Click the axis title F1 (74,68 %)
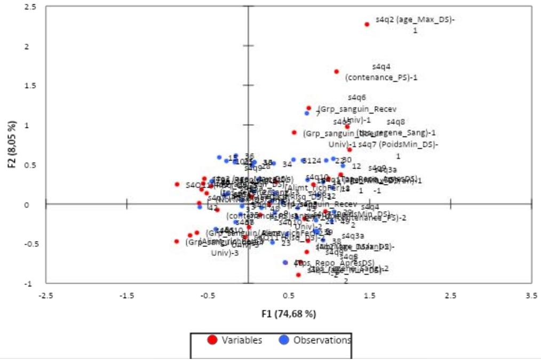(x=288, y=314)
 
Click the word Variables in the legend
(x=242, y=340)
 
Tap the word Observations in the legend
(x=322, y=340)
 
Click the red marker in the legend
(x=212, y=340)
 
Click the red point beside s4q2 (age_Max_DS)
(x=367, y=24)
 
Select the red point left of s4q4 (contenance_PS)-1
(x=337, y=71)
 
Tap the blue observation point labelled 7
(x=307, y=113)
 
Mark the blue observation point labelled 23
(x=273, y=242)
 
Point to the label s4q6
(x=357, y=98)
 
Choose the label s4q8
(x=396, y=122)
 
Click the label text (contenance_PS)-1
(x=381, y=77)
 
